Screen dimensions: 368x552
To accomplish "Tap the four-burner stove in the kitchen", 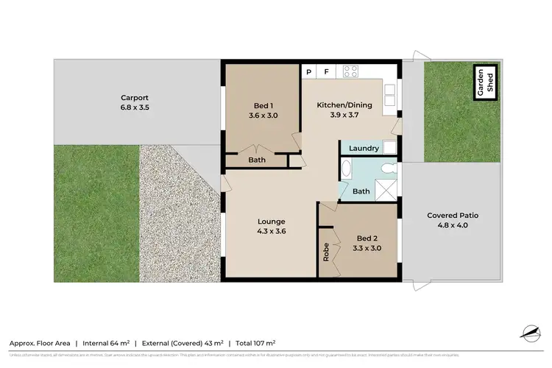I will (x=350, y=72).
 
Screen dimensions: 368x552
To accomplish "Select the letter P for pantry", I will (x=310, y=72).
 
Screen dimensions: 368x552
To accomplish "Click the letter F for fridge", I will (x=326, y=72).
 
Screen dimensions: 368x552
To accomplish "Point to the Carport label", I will (x=135, y=97).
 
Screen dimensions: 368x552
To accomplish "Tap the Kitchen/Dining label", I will (x=344, y=105).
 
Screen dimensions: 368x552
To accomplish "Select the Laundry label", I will (x=364, y=149).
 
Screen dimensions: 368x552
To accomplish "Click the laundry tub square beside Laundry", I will (x=391, y=148).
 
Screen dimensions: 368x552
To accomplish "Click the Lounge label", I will (x=271, y=222).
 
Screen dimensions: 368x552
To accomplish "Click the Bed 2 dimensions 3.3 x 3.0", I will (x=368, y=250).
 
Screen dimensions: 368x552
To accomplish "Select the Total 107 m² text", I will (x=255, y=343).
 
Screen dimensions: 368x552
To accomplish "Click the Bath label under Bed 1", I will (x=257, y=160).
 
